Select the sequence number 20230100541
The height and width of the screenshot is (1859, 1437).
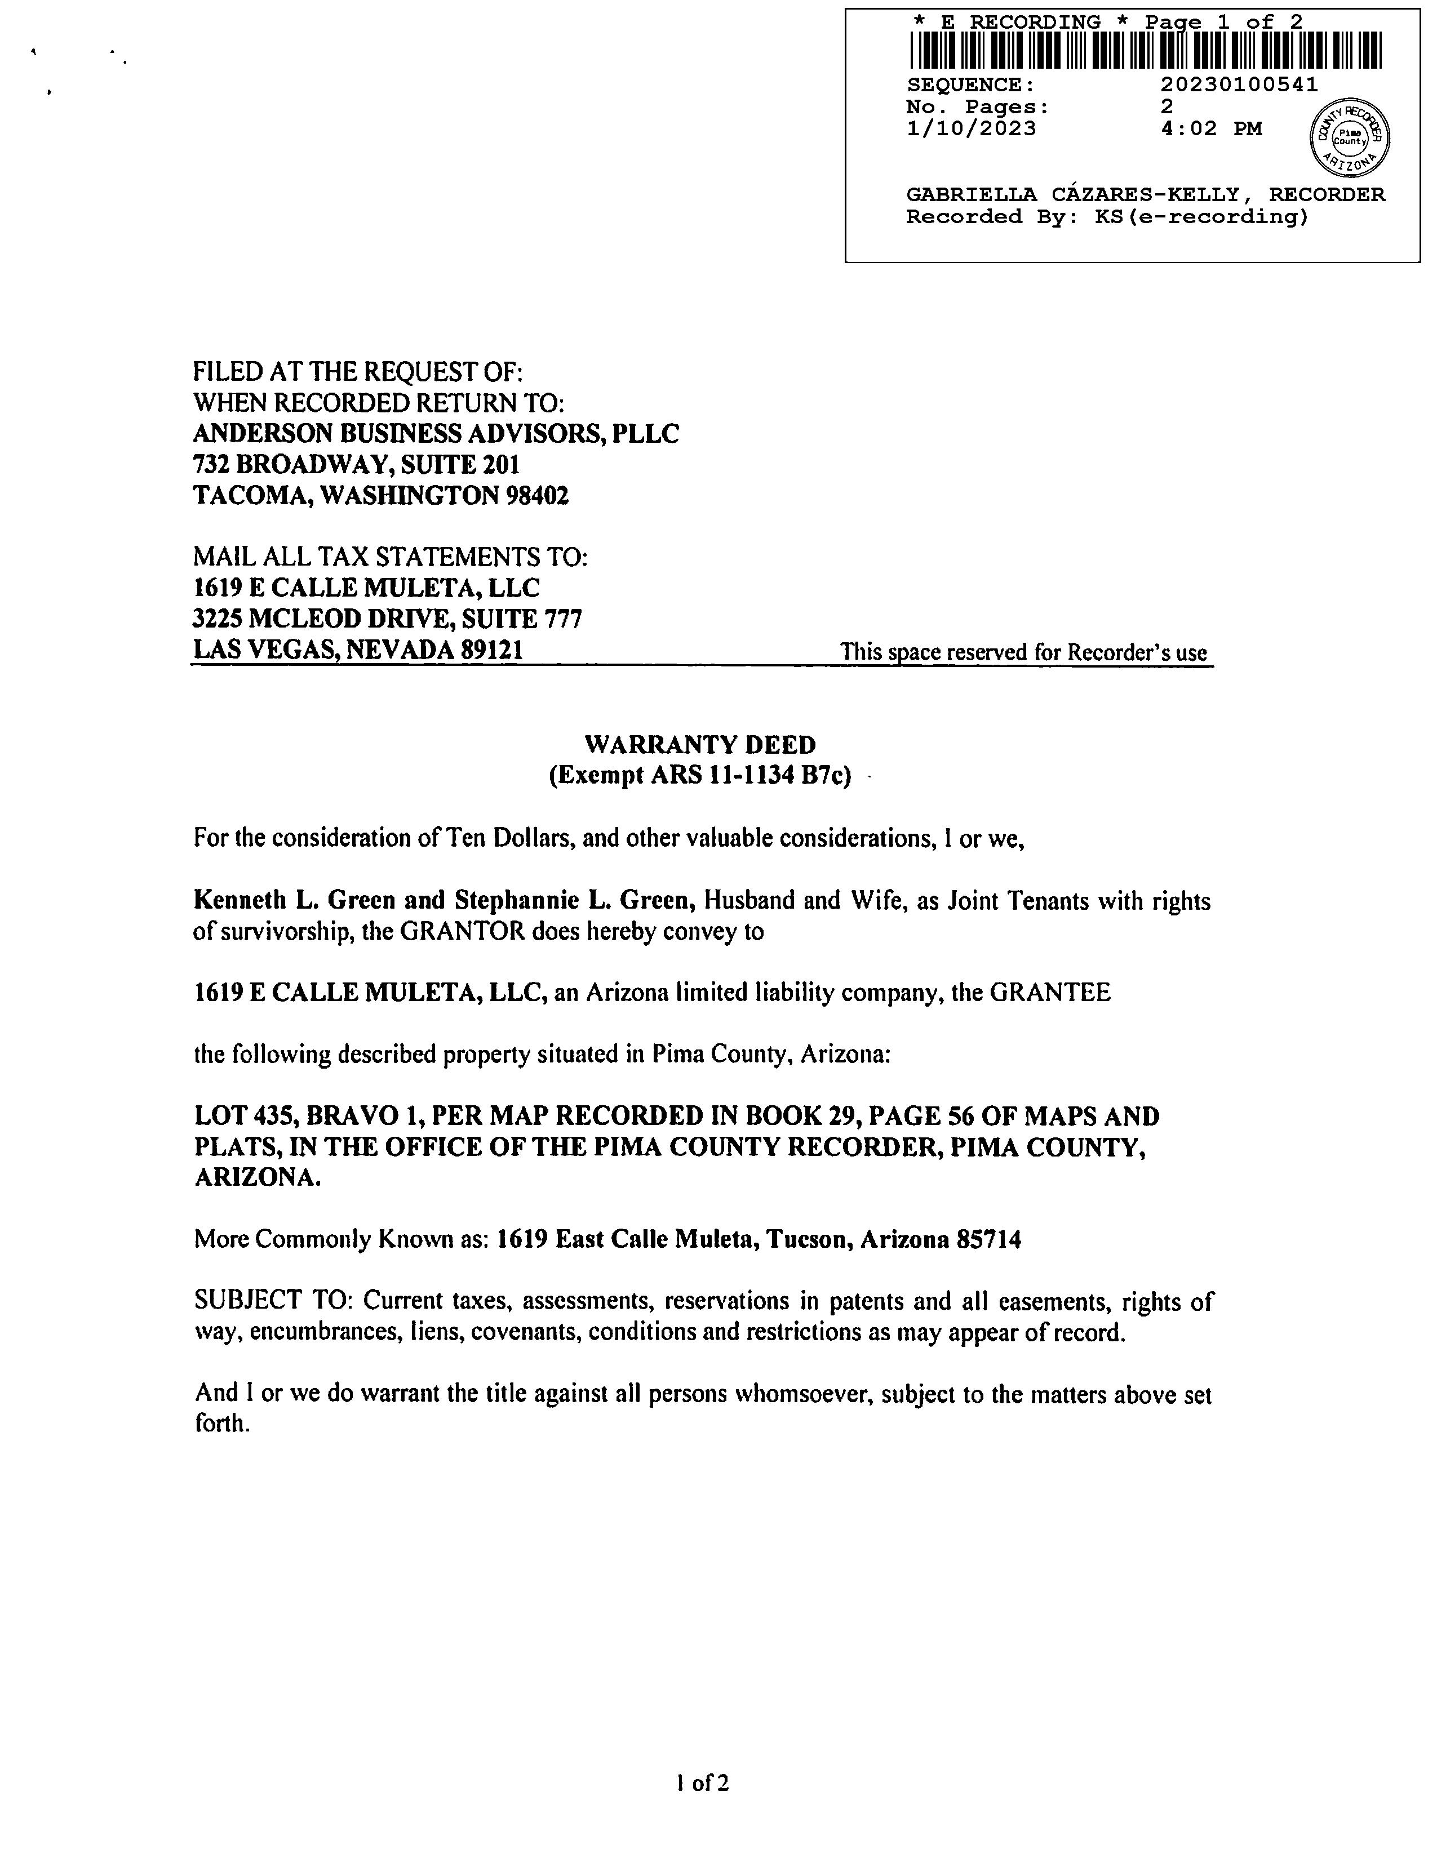click(1239, 85)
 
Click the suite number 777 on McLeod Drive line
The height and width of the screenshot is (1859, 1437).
click(563, 619)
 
